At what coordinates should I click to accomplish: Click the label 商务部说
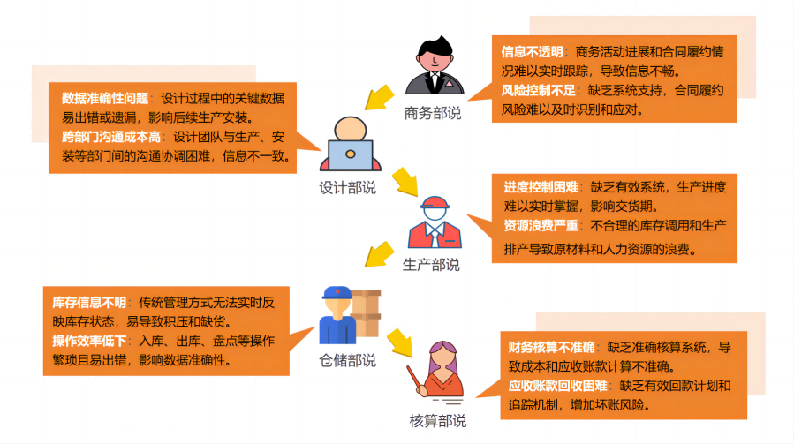coord(433,113)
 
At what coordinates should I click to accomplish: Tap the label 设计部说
coord(347,188)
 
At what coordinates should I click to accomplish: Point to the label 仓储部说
coord(347,360)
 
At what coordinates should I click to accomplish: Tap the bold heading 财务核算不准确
coord(552,347)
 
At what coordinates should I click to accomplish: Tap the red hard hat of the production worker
coord(434,204)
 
